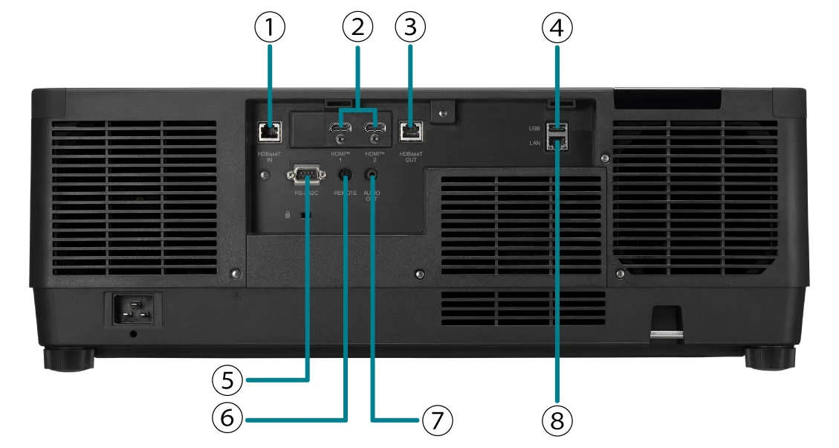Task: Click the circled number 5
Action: tap(227, 380)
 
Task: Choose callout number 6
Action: tap(227, 419)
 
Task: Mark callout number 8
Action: tap(557, 420)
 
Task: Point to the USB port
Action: tap(558, 127)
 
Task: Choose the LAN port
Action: tap(558, 142)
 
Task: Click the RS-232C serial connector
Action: tap(306, 175)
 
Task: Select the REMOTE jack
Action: tap(346, 175)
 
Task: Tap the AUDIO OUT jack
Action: tap(372, 175)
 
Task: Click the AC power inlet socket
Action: tap(136, 309)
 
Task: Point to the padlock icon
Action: tap(287, 214)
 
